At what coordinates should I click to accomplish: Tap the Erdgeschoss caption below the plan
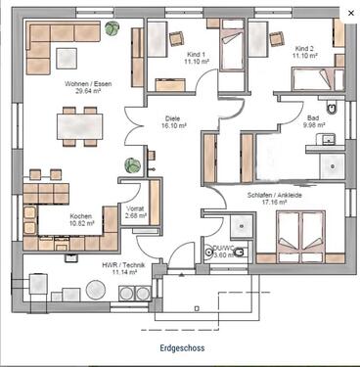[180, 347]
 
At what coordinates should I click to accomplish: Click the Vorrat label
[136, 208]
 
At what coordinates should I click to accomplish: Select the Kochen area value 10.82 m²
[81, 224]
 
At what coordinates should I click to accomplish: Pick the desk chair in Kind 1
[177, 39]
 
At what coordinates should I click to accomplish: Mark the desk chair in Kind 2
[281, 38]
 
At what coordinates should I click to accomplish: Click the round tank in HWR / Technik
[95, 290]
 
